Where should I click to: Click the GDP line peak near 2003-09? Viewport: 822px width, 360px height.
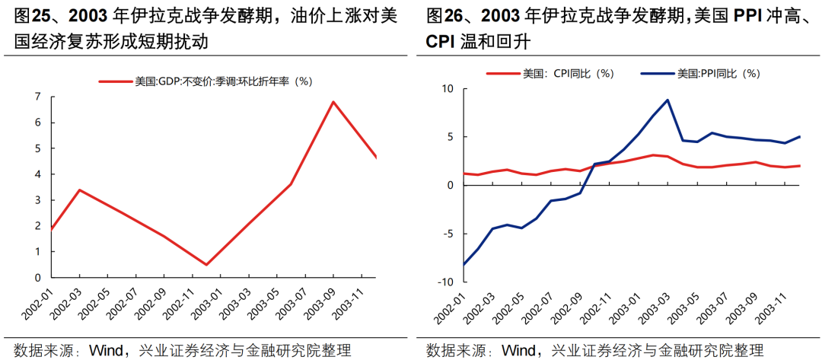[333, 101]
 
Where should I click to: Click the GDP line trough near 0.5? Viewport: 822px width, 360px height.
[207, 265]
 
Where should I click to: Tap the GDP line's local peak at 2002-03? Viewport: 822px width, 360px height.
[80, 190]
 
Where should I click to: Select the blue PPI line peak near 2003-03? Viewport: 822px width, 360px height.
[667, 100]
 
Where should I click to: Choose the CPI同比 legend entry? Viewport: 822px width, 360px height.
[550, 74]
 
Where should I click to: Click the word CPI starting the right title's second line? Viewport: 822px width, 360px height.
[441, 43]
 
